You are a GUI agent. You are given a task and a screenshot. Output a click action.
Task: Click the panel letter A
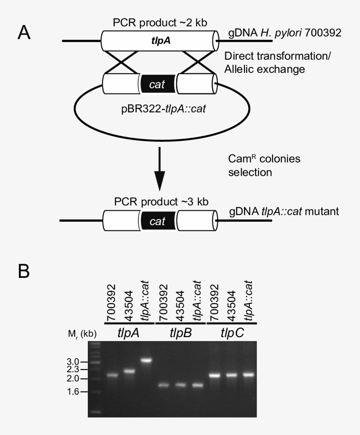coord(24,33)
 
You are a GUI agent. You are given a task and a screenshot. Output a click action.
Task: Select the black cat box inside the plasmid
coord(158,84)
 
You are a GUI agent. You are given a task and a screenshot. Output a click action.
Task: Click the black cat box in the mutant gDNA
coord(158,221)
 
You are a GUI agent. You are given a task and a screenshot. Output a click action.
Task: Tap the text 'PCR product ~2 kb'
coord(159,23)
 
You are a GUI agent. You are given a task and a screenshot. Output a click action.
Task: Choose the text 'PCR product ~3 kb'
coord(159,202)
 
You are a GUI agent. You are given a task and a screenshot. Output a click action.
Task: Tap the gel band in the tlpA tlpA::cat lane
coord(145,360)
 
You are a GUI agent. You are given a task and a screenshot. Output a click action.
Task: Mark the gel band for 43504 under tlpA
coord(129,371)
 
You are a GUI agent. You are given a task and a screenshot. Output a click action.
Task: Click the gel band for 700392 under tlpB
coord(163,385)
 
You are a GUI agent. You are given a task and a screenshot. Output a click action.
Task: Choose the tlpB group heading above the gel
coord(180,333)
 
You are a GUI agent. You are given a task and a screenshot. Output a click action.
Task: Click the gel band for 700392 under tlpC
coord(215,375)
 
